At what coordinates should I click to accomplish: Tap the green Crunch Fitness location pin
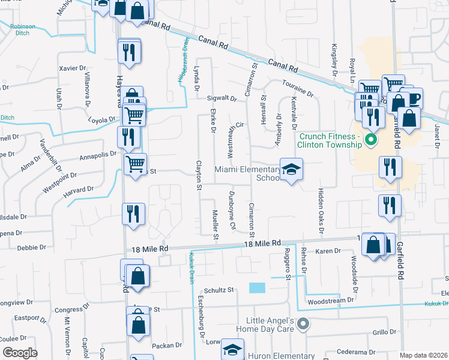click(370, 141)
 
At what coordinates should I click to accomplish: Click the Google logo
click(20, 353)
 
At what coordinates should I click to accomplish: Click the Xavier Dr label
click(73, 68)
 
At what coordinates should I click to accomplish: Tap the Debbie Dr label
click(28, 247)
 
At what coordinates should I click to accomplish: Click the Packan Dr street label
click(167, 345)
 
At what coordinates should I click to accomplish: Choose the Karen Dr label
click(328, 250)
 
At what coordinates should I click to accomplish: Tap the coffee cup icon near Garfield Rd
click(414, 99)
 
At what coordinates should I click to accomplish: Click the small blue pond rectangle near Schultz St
click(256, 288)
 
